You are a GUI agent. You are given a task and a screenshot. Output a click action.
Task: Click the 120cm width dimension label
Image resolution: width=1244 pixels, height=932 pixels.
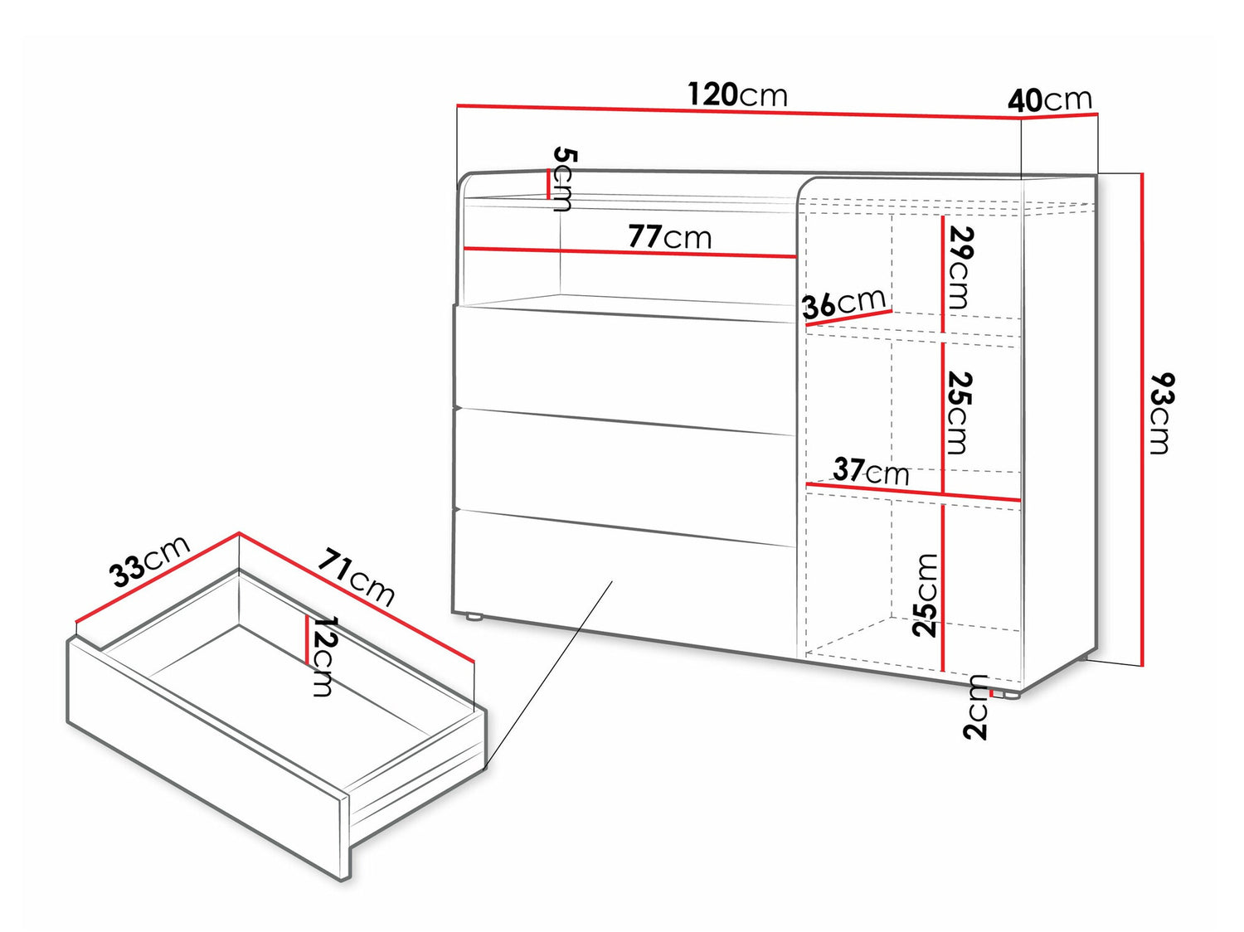click(737, 95)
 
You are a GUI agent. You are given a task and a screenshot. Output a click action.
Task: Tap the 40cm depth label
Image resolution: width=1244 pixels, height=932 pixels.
click(1050, 101)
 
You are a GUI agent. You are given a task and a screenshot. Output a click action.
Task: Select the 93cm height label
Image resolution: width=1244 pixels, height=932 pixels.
click(1162, 413)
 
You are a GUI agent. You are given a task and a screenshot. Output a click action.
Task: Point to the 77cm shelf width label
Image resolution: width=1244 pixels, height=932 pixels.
click(669, 237)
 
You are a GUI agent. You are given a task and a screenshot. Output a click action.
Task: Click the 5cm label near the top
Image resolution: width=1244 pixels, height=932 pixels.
click(562, 179)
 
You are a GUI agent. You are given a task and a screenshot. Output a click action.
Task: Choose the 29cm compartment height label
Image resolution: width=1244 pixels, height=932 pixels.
click(960, 268)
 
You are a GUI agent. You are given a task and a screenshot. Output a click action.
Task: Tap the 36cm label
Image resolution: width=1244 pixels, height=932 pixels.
click(843, 303)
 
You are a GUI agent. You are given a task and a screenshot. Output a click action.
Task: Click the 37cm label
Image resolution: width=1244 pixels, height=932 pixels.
click(871, 472)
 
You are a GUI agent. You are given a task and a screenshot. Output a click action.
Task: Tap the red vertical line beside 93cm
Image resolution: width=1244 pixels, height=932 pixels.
click(1141, 420)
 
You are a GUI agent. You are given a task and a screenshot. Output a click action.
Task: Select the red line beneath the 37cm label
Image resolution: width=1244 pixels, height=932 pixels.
click(913, 492)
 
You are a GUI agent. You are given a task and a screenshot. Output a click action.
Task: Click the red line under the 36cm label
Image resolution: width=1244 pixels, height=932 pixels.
click(849, 318)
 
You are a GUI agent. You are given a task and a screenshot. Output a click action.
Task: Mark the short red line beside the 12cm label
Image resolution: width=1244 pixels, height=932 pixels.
click(307, 639)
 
